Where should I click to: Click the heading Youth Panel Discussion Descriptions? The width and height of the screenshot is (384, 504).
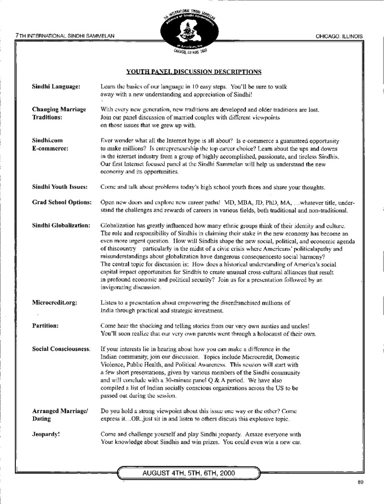[x=193, y=72]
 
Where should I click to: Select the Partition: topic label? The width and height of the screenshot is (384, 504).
[x=45, y=325]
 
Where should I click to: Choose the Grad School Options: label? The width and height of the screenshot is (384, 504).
[x=61, y=202]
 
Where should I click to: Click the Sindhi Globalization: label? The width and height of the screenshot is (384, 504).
[x=61, y=225]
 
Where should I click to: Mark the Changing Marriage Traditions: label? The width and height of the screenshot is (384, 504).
[x=59, y=113]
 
